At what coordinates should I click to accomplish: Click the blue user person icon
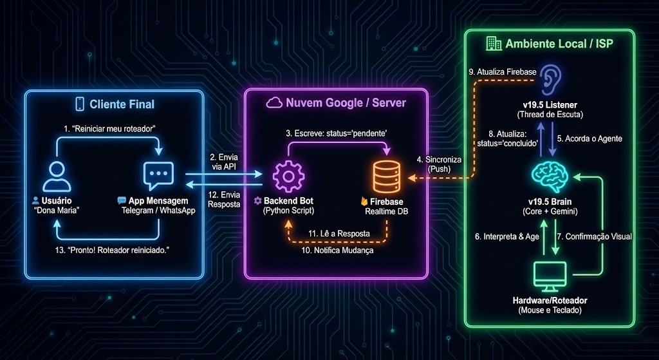tap(55, 175)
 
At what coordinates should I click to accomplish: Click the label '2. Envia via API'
tap(223, 162)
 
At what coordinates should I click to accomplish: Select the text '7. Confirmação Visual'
tap(594, 236)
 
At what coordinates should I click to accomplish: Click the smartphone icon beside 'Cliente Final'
tap(80, 104)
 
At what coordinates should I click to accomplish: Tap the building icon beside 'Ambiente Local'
tap(494, 44)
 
